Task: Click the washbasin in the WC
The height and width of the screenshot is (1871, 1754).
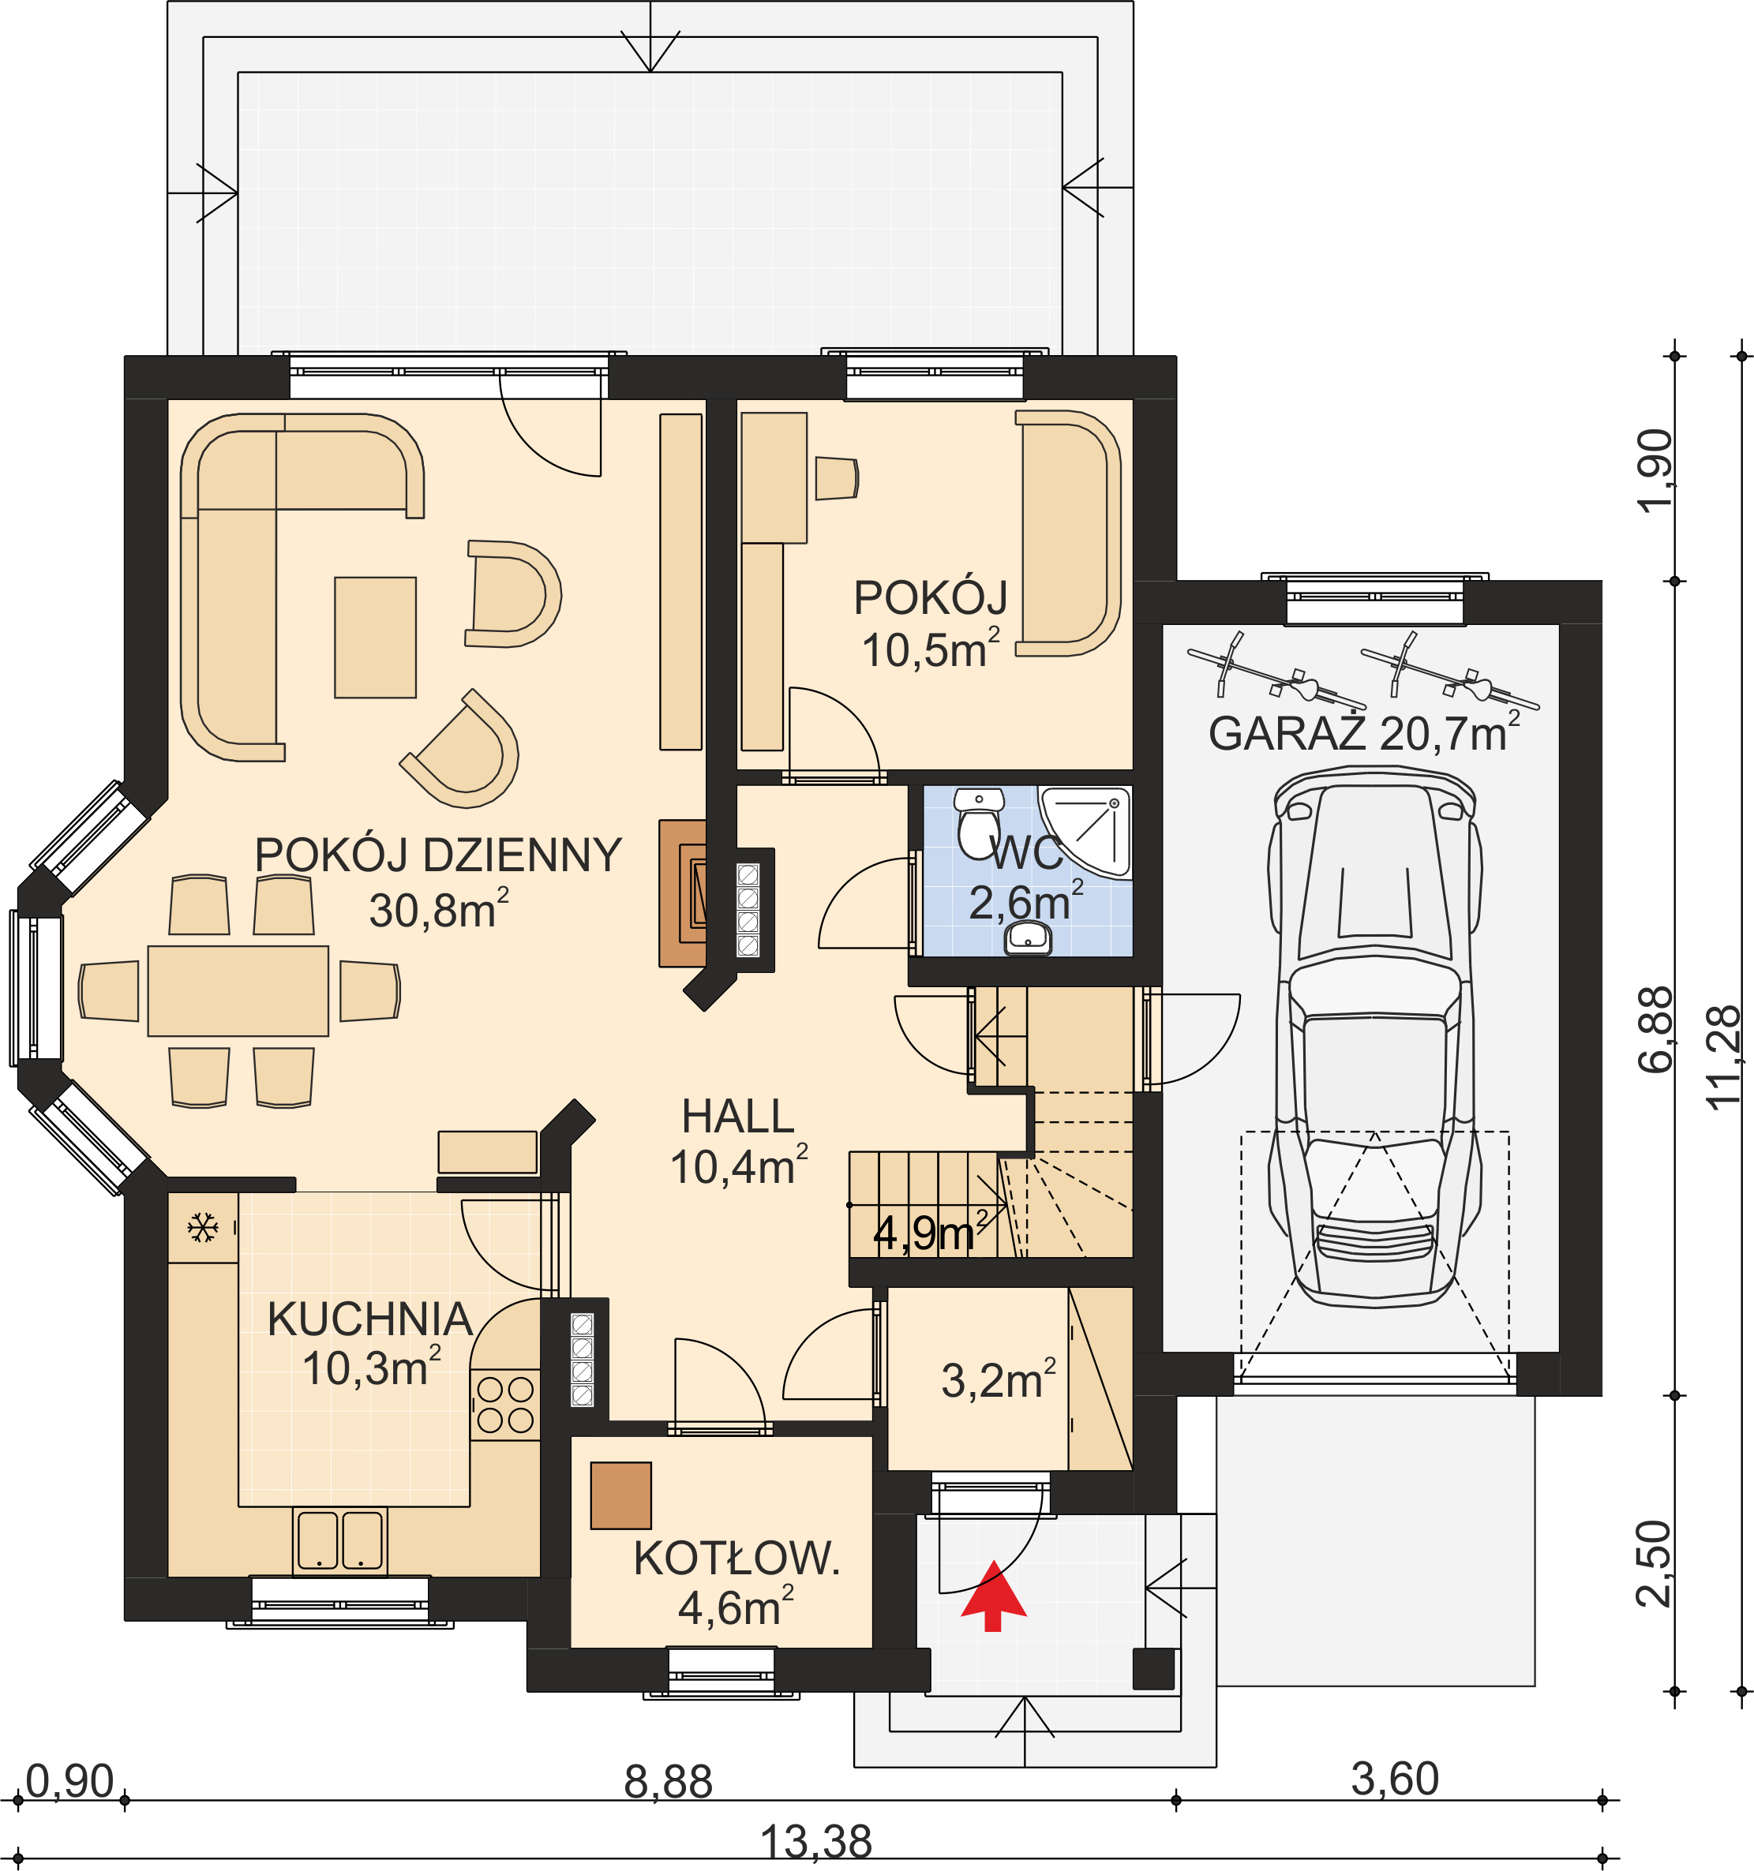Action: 1028,938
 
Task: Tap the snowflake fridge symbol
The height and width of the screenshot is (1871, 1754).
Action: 202,1227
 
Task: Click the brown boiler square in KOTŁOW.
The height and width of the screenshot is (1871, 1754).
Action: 620,1495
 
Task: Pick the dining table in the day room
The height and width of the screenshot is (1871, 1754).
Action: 238,991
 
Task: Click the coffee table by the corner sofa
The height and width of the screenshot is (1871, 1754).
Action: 375,637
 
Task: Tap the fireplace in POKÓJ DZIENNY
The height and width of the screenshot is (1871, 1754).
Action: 683,893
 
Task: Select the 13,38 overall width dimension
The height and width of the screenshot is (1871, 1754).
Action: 815,1842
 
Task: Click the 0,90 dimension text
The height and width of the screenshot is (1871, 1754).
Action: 69,1781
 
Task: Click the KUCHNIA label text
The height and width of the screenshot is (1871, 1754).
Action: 370,1319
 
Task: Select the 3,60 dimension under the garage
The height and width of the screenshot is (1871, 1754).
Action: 1394,1779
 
